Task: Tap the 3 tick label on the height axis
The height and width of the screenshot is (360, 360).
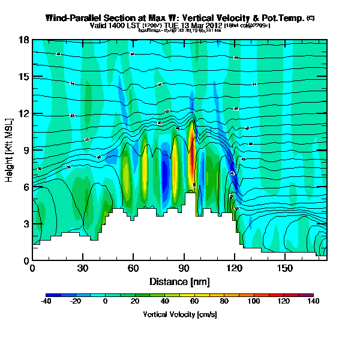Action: pos(26,224)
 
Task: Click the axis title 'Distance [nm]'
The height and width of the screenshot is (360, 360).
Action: pos(179,281)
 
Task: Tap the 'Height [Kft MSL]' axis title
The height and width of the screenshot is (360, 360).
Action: pos(10,151)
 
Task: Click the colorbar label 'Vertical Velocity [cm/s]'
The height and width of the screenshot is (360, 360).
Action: pos(179,314)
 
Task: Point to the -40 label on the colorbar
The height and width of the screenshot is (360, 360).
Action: pos(46,302)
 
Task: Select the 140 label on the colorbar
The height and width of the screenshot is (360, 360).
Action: pos(313,302)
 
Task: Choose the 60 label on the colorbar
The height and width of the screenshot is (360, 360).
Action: pos(194,302)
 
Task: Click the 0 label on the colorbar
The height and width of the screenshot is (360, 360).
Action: pos(106,302)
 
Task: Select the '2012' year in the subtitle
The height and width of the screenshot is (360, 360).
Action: pos(214,26)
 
